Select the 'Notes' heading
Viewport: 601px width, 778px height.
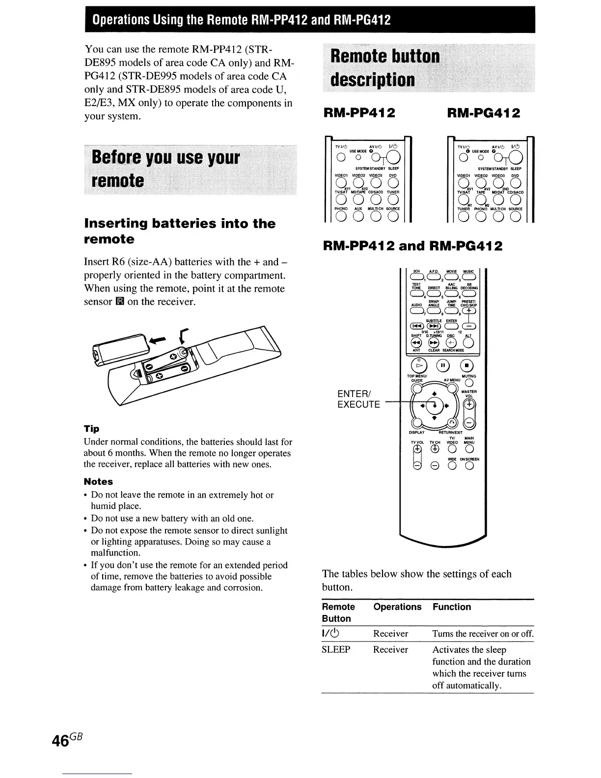click(98, 482)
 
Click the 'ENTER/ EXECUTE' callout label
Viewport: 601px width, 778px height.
click(359, 399)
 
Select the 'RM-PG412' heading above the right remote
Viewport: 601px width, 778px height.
click(484, 113)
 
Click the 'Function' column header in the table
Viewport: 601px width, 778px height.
click(451, 607)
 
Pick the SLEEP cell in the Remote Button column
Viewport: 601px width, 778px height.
click(336, 650)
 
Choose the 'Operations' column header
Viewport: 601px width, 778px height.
click(397, 607)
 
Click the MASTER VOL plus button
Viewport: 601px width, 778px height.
click(470, 404)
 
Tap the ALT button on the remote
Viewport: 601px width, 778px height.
click(468, 343)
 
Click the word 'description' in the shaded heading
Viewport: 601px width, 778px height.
click(372, 80)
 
